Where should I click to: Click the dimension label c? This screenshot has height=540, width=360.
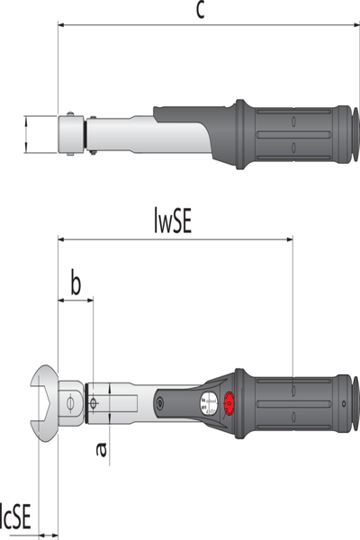tap(201, 11)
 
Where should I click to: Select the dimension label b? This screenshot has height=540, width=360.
tap(76, 283)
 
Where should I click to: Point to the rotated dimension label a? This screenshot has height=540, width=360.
tap(101, 450)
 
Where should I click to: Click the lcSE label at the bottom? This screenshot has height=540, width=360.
tap(15, 517)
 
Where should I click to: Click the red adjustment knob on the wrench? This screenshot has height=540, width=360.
tap(229, 403)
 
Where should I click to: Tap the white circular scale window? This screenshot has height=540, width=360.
tap(209, 403)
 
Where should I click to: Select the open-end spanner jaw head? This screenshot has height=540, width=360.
tap(44, 403)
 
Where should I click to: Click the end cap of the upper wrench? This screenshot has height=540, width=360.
tap(355, 134)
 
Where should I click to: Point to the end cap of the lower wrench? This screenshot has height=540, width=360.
tap(355, 403)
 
